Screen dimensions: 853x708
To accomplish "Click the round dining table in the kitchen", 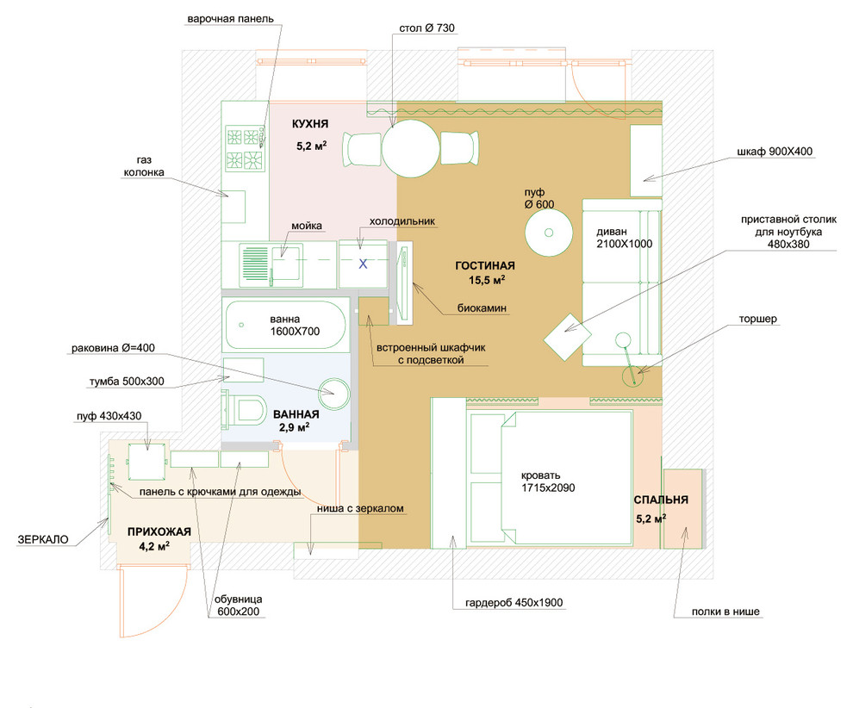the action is click(410, 148).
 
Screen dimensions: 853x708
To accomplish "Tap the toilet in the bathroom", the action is click(245, 409).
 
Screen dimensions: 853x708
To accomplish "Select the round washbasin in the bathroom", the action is click(333, 394).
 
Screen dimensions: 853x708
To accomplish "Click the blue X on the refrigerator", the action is click(363, 264).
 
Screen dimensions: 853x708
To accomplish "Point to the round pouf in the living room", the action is click(548, 233).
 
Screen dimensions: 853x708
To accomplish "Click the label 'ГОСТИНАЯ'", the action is click(485, 266).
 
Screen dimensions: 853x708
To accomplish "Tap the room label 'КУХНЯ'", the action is click(310, 124).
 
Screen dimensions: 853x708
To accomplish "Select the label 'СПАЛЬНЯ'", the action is click(661, 500).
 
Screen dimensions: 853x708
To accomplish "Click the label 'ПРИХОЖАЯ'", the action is click(159, 531).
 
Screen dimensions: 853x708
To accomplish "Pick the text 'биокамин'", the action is click(482, 307).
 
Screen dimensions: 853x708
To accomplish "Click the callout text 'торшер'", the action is click(758, 319).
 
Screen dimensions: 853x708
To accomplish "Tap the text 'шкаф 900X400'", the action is click(775, 152).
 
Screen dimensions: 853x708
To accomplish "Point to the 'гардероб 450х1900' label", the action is click(514, 603).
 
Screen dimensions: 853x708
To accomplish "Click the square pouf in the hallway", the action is click(146, 461).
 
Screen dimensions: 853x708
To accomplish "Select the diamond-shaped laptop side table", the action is click(568, 337).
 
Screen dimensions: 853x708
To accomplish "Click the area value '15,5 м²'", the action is click(487, 280).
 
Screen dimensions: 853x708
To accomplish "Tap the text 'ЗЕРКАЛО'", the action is click(43, 539).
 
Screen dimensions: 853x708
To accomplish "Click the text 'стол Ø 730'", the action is click(427, 28).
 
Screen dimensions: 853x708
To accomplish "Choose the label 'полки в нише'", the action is click(725, 612).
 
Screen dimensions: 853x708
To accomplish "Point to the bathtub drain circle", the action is click(241, 326).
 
